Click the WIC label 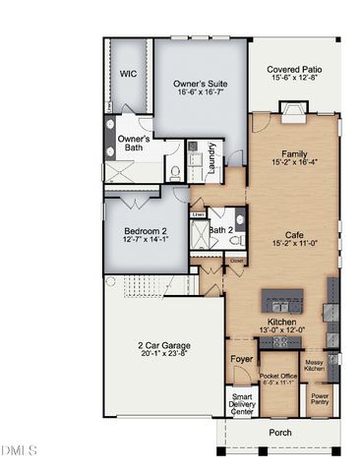[x=128, y=74]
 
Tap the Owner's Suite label [x=201, y=85]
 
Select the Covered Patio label [x=294, y=70]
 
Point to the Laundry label [x=212, y=158]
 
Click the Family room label [x=294, y=154]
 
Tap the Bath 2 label [x=221, y=232]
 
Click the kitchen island [x=285, y=300]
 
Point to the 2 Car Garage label [x=163, y=346]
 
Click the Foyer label [x=241, y=360]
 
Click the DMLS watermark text [x=19, y=450]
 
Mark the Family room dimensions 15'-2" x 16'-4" [x=294, y=165]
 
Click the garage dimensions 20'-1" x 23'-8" [x=163, y=357]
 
